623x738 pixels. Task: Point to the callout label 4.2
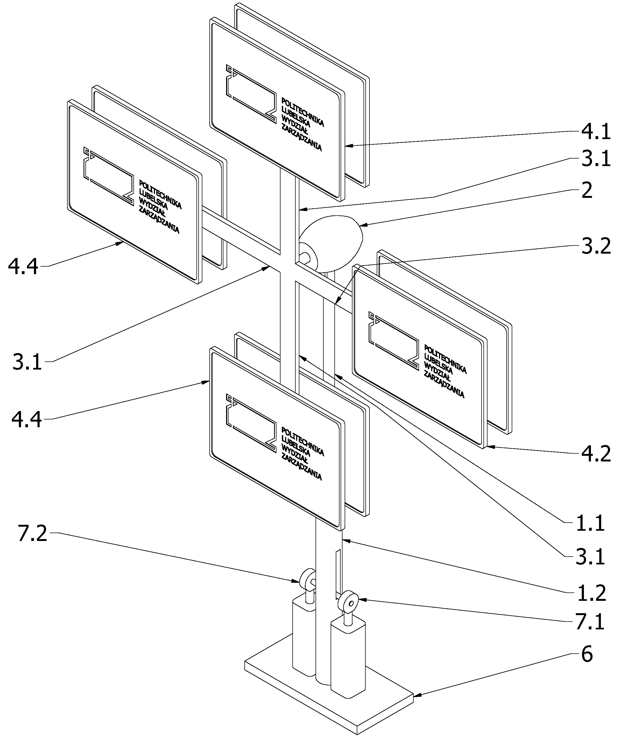pos(596,454)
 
